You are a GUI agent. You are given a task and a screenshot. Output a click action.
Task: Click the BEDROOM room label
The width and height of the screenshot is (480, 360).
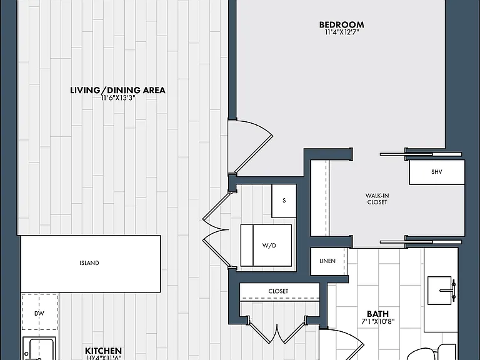click(x=342, y=24)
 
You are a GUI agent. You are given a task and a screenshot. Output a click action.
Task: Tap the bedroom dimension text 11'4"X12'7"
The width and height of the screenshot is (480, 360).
click(x=342, y=32)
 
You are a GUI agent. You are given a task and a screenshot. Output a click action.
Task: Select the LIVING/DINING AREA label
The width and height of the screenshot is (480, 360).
click(x=118, y=90)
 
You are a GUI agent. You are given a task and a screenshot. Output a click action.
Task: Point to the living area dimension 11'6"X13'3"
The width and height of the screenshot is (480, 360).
click(x=118, y=98)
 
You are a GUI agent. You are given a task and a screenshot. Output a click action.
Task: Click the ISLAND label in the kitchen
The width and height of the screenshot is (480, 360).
click(x=89, y=263)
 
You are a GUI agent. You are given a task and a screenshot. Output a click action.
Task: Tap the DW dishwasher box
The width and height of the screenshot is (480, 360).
click(x=39, y=312)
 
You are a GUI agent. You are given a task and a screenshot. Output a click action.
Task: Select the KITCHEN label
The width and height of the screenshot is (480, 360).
click(x=103, y=351)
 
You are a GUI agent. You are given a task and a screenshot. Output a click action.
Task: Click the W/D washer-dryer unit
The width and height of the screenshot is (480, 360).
click(x=266, y=245)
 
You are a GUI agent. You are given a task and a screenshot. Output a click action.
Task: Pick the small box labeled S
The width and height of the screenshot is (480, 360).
click(x=284, y=201)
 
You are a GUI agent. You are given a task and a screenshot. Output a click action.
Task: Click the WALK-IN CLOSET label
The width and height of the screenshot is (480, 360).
click(x=377, y=199)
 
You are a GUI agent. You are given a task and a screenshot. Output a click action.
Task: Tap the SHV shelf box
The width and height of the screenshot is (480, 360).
click(x=437, y=172)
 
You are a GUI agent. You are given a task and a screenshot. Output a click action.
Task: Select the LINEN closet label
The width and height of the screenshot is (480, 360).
click(x=327, y=261)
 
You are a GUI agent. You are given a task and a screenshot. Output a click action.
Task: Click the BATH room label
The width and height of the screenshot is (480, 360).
click(x=377, y=314)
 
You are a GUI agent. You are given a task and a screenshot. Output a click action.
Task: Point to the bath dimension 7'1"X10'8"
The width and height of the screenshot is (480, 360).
click(x=377, y=321)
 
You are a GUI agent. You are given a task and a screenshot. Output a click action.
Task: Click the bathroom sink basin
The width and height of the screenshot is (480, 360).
click(x=439, y=291)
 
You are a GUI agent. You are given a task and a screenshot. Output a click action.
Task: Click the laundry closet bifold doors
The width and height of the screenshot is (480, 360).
click(x=216, y=229)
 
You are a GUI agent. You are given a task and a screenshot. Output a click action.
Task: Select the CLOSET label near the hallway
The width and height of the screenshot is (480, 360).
click(x=278, y=291)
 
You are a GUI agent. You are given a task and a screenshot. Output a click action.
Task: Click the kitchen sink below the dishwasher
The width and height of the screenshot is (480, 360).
click(x=39, y=348)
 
